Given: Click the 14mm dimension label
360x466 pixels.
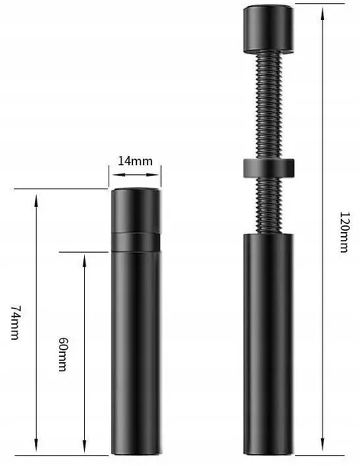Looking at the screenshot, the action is pyautogui.click(x=135, y=161).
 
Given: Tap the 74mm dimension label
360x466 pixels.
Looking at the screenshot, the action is pyautogui.click(x=15, y=322).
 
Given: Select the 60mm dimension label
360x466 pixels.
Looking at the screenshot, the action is pyautogui.click(x=63, y=354).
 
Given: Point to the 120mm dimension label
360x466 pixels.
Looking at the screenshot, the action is pyautogui.click(x=344, y=232).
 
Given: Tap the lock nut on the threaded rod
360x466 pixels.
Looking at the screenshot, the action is pyautogui.click(x=269, y=168).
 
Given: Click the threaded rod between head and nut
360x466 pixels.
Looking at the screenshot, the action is pyautogui.click(x=268, y=105).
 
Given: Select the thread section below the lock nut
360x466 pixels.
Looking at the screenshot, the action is pyautogui.click(x=268, y=205).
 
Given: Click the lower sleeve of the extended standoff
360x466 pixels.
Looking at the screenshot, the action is pyautogui.click(x=268, y=344).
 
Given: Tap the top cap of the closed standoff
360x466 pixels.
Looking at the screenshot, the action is pyautogui.click(x=137, y=209).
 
